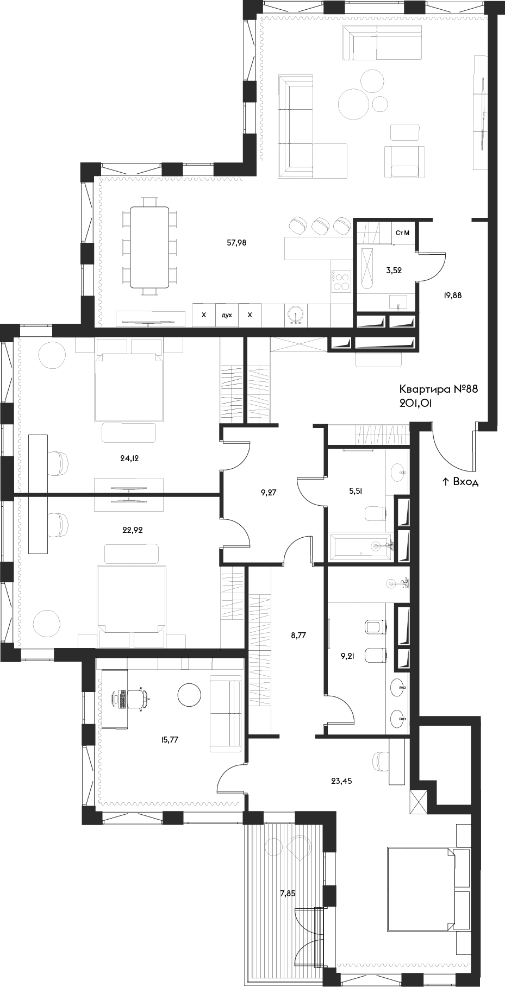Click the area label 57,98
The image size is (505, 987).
point(236,243)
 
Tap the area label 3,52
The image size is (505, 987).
point(394,270)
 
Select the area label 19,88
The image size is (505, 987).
point(453,296)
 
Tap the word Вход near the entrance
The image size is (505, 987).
point(465,481)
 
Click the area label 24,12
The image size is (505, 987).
point(130,458)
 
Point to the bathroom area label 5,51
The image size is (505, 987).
point(355,490)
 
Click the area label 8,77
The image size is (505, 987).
point(298,633)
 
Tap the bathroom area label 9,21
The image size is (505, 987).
point(347,655)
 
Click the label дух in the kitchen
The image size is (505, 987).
point(227,315)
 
